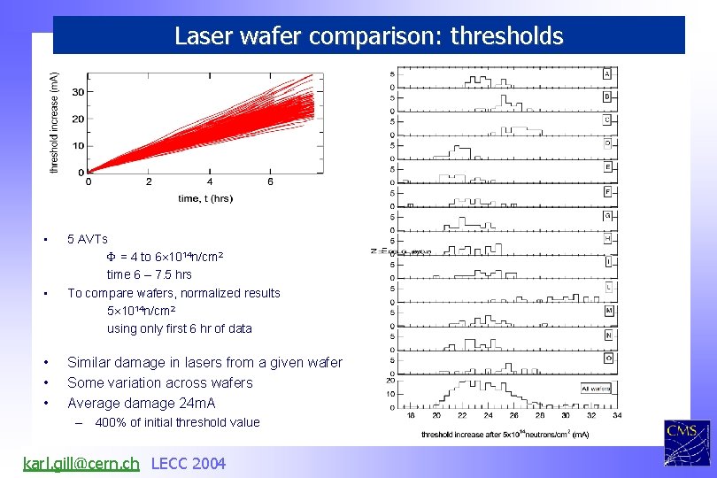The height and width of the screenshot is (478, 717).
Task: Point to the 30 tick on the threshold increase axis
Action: pyautogui.click(x=78, y=92)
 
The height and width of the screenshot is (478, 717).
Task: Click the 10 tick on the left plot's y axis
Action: pyautogui.click(x=78, y=146)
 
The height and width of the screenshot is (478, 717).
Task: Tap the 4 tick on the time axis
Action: pyautogui.click(x=210, y=182)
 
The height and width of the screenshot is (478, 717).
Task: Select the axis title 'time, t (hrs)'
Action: pyautogui.click(x=204, y=198)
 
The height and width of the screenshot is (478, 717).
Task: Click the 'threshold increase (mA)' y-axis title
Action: pyautogui.click(x=55, y=122)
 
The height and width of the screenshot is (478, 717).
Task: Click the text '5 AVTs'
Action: pyautogui.click(x=88, y=239)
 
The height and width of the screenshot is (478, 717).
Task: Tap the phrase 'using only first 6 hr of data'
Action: pyautogui.click(x=179, y=328)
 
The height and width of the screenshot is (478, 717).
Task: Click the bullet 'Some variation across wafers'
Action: pyautogui.click(x=159, y=382)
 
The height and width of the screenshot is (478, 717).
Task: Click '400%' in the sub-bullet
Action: pyautogui.click(x=111, y=422)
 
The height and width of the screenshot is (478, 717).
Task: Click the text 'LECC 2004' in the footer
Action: pyautogui.click(x=189, y=463)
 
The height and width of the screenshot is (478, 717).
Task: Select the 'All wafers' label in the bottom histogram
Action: pyautogui.click(x=596, y=389)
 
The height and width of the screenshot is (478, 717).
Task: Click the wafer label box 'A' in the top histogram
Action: pyautogui.click(x=607, y=73)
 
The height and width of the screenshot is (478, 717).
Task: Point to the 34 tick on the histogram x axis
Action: pyautogui.click(x=617, y=415)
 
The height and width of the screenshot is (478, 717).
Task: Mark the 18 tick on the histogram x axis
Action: pyautogui.click(x=411, y=415)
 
